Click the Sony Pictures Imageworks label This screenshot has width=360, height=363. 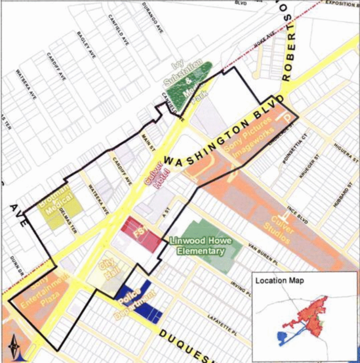coord(249,141)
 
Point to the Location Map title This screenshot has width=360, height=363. coord(279,280)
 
